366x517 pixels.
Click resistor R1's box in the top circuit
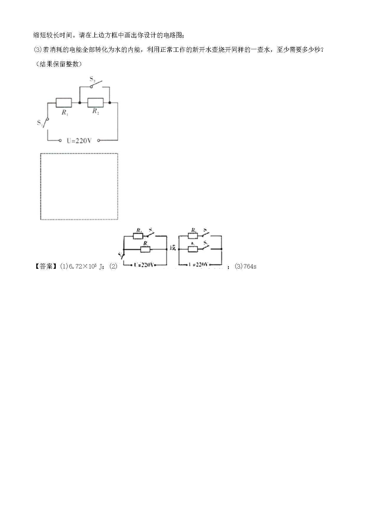click(x=64, y=103)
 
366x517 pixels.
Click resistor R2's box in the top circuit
click(x=95, y=103)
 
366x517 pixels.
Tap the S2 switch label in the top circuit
click(x=92, y=79)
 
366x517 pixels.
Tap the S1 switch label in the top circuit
click(x=40, y=123)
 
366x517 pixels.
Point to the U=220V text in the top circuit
click(x=79, y=141)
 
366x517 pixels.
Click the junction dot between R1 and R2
click(x=80, y=103)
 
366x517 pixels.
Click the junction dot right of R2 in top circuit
click(x=110, y=103)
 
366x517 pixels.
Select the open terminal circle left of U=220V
click(x=61, y=140)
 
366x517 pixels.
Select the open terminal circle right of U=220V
click(x=99, y=140)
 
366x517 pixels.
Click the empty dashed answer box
click(x=79, y=186)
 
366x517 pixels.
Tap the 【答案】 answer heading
click(x=44, y=266)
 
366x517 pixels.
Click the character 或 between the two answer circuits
click(x=172, y=248)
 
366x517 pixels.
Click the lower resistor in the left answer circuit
click(x=145, y=249)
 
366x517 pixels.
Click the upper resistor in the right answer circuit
click(x=193, y=236)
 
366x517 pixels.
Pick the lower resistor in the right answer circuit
click(x=193, y=249)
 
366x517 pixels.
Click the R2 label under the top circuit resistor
click(x=95, y=111)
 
